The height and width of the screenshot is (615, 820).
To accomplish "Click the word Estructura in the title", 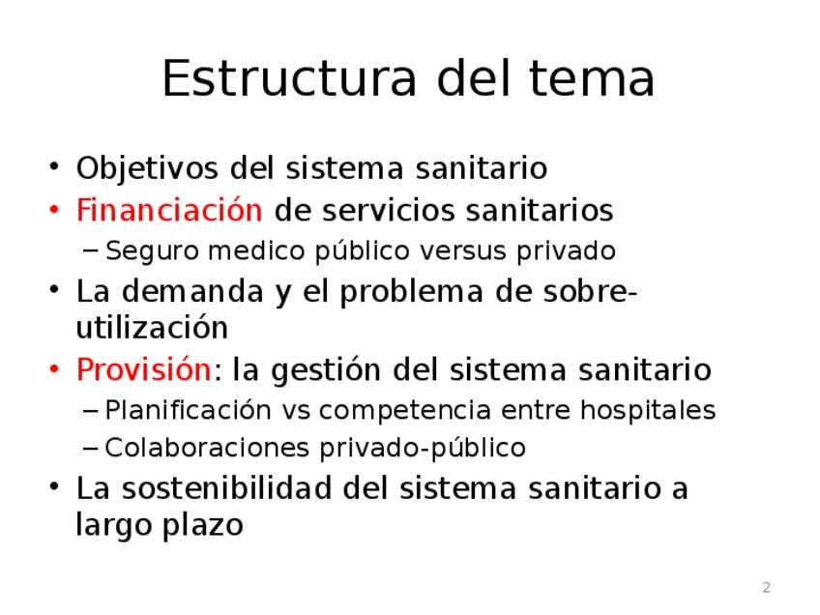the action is [290, 78].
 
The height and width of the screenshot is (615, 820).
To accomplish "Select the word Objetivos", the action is [147, 169].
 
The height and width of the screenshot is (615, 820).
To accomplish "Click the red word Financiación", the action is [169, 210].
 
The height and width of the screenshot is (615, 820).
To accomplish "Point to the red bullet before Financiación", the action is [54, 210].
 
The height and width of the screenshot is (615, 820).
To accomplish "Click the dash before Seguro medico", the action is [90, 250].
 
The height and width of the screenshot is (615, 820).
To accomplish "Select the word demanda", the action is [192, 291].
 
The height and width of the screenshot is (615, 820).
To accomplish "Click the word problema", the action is [411, 292].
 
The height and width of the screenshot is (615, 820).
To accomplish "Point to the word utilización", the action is [152, 328].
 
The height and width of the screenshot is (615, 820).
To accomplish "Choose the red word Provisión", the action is [144, 369].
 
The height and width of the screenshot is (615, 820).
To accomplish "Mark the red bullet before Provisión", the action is [54, 369].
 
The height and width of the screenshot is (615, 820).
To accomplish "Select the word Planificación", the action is [189, 411].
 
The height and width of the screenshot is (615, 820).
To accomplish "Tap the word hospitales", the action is [648, 411].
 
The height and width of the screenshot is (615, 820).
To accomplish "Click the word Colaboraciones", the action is [207, 448].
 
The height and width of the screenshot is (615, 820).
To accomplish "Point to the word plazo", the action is [202, 526].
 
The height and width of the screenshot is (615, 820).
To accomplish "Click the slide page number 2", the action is [766, 587].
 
